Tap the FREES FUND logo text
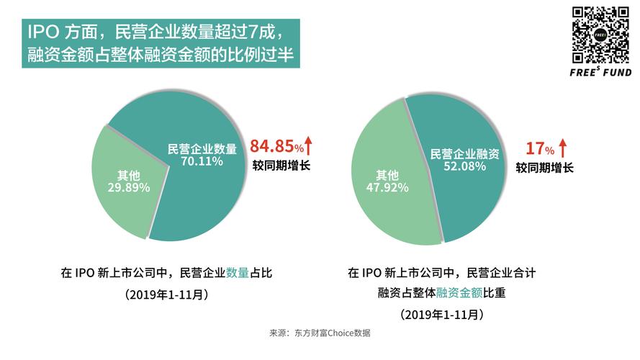[x=600, y=73]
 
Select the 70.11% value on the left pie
[x=202, y=161]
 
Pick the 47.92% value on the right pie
[x=387, y=187]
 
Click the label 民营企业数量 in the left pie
[x=202, y=149]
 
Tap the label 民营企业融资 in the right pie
[x=464, y=154]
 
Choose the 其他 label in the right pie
[x=387, y=175]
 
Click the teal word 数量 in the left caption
[x=238, y=273]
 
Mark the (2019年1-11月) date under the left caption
[x=166, y=294]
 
